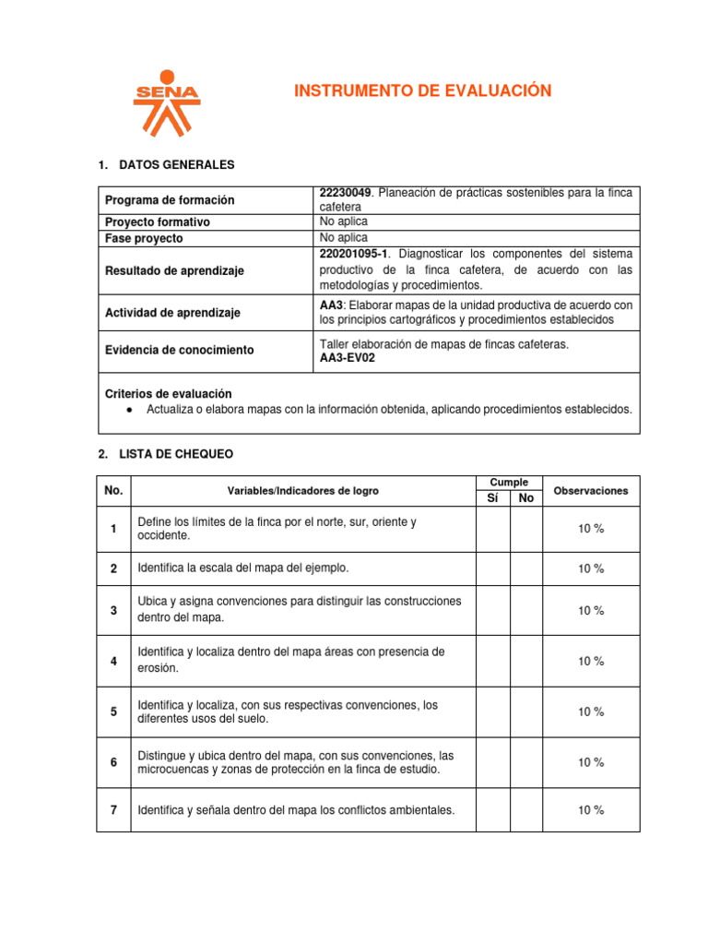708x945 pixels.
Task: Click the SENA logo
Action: pyautogui.click(x=166, y=101)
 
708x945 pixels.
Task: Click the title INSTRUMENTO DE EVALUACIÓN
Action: pyautogui.click(x=422, y=90)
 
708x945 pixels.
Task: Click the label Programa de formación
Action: pyautogui.click(x=170, y=200)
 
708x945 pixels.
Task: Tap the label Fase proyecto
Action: pyautogui.click(x=144, y=238)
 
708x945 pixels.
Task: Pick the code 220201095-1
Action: pyautogui.click(x=353, y=253)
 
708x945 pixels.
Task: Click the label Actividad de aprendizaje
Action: pyautogui.click(x=172, y=313)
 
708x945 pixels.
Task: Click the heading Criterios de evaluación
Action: pyautogui.click(x=169, y=393)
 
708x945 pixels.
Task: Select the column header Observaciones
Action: pyautogui.click(x=591, y=491)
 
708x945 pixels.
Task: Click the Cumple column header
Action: pyautogui.click(x=509, y=483)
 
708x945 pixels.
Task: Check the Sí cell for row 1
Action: pyautogui.click(x=492, y=529)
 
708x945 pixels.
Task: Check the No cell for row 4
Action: pyautogui.click(x=526, y=661)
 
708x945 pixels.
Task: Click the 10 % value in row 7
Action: pyautogui.click(x=591, y=810)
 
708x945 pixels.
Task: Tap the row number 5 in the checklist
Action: pyautogui.click(x=113, y=712)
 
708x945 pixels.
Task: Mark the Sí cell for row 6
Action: pyautogui.click(x=492, y=762)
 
